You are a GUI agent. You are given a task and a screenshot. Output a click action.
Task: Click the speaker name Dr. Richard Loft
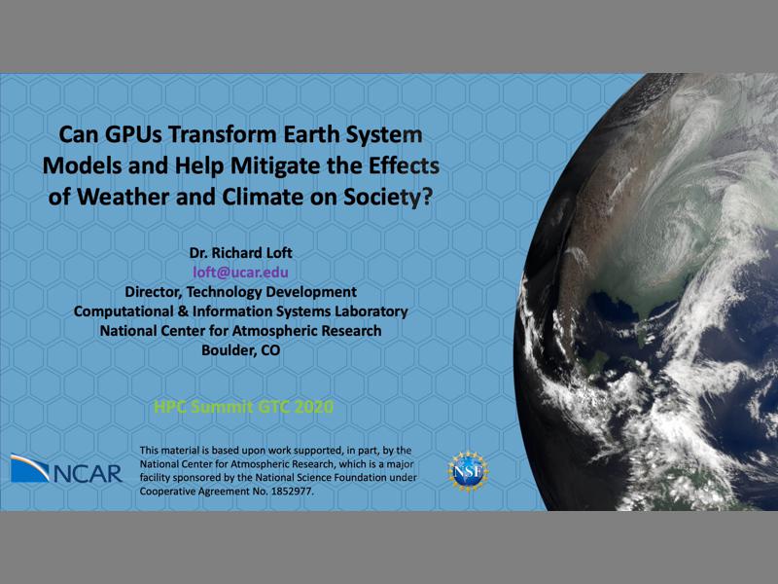[240, 253]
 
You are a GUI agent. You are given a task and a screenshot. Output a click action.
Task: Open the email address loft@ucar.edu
[240, 273]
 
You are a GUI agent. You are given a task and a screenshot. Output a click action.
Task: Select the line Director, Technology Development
[240, 292]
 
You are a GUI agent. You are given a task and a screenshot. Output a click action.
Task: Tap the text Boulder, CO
[240, 350]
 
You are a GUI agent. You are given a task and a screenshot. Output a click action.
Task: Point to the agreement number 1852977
[284, 492]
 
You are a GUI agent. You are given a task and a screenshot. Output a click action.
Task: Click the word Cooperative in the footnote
[171, 492]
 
